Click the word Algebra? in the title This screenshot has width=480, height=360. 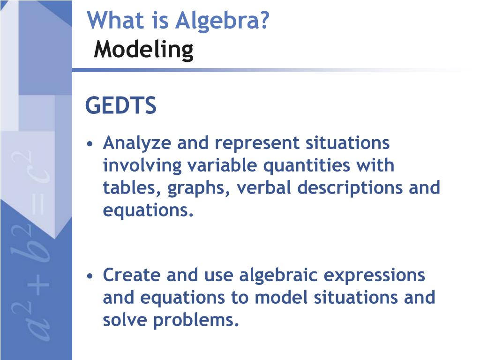click(222, 21)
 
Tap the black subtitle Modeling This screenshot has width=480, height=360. click(143, 50)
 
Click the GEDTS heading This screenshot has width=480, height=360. click(121, 105)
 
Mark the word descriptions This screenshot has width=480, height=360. click(350, 188)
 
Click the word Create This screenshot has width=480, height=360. click(132, 275)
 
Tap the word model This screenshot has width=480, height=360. click(281, 297)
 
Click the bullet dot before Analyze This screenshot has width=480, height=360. click(90, 144)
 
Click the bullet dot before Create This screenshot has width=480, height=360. click(90, 276)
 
